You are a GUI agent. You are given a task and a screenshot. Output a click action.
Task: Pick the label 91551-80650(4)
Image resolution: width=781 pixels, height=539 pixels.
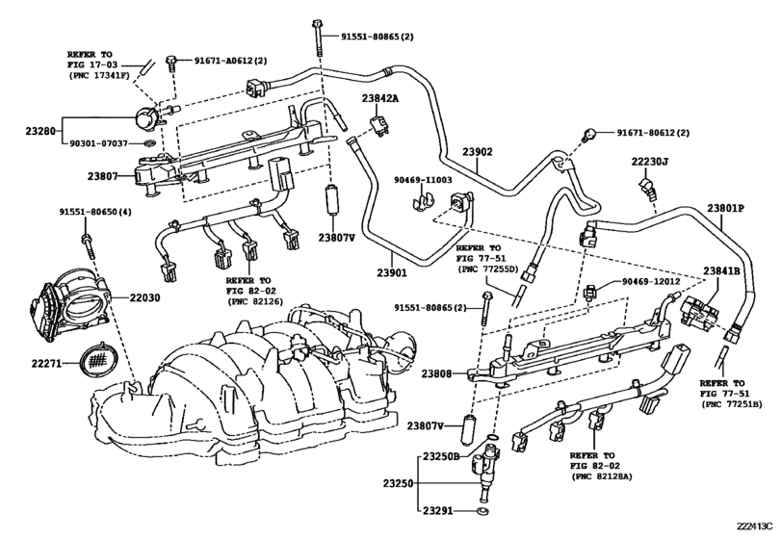click(94, 212)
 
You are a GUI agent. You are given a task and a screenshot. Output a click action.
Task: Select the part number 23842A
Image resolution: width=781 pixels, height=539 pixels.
click(381, 98)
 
